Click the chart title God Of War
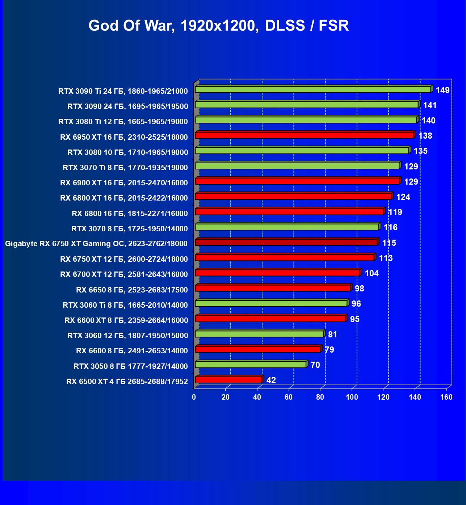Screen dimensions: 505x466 219,26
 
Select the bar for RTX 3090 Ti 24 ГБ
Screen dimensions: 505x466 313,89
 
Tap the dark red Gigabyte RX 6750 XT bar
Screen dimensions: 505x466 286,242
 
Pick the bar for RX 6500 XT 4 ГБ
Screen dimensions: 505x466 228,380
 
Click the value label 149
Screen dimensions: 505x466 442,90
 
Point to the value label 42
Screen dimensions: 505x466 271,380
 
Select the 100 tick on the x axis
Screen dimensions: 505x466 352,397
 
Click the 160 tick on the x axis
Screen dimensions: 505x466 446,397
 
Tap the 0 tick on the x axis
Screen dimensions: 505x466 194,397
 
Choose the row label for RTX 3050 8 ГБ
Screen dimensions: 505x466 131,366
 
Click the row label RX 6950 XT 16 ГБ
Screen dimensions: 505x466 124,137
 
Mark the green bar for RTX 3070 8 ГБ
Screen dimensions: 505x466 287,227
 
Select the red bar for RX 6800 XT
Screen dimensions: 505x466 293,196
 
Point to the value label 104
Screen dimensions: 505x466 372,273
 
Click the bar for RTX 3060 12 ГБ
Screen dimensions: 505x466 259,334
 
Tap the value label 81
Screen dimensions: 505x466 332,334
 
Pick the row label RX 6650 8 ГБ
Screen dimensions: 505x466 132,290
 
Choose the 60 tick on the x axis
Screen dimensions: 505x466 289,397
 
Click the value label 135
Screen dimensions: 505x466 421,151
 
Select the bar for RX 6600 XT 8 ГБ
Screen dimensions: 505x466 270,319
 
